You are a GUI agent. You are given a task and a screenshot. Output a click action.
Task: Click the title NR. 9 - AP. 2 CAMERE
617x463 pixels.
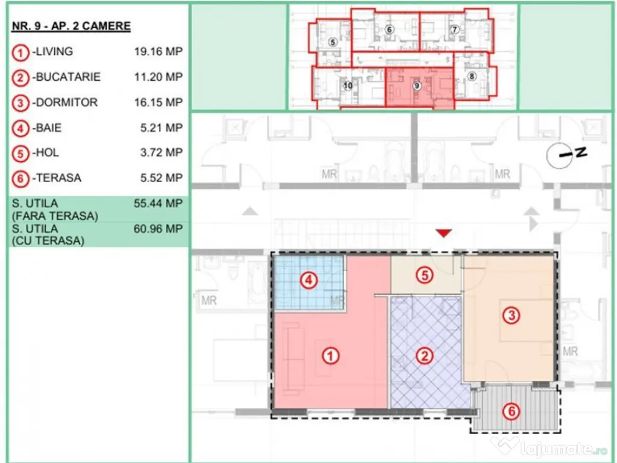tap(71, 26)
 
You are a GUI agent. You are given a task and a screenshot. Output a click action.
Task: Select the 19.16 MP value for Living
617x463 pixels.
tap(158, 52)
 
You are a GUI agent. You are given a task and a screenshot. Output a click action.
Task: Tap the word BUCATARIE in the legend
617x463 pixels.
tap(68, 77)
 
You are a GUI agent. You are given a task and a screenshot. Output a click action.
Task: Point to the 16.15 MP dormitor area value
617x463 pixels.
tap(158, 102)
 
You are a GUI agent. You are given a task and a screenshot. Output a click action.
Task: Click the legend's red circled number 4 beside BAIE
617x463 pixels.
tap(20, 129)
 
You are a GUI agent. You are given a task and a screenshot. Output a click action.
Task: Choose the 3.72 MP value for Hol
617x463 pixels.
tap(161, 153)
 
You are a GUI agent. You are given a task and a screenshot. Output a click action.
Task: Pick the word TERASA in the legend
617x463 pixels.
tap(58, 178)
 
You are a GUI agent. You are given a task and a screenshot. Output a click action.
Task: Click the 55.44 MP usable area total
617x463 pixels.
tap(158, 204)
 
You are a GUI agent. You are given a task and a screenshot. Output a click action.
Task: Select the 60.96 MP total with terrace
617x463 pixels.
tap(158, 228)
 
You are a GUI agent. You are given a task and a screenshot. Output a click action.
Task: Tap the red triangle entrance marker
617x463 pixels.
tap(444, 233)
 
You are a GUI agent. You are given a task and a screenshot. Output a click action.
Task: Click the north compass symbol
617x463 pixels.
tap(566, 155)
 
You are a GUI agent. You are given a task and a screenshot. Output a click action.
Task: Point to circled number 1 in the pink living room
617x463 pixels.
tap(331, 356)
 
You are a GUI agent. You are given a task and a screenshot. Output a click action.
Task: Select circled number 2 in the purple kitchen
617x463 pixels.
tap(425, 356)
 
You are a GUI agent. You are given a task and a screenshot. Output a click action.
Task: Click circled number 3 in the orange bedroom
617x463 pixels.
tap(512, 315)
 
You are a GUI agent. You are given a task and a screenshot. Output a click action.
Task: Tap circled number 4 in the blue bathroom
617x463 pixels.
tap(309, 281)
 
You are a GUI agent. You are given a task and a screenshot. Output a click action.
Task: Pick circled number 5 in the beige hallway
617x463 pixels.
tap(425, 275)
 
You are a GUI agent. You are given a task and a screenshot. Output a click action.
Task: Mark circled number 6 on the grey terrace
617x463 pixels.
tap(512, 412)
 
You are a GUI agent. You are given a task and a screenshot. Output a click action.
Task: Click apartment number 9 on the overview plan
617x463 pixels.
tap(417, 86)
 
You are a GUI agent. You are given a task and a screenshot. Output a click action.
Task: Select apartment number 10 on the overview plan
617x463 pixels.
tap(348, 86)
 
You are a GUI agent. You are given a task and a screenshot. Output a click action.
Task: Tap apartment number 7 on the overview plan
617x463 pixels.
tap(454, 29)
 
